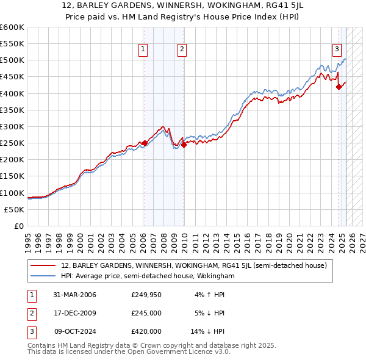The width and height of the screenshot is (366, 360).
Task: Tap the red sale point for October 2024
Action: (x=339, y=87)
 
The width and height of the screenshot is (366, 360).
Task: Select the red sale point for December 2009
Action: (x=184, y=145)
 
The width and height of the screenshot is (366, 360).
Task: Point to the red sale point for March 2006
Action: (x=145, y=143)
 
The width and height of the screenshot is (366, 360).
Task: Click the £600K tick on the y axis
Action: (x=12, y=27)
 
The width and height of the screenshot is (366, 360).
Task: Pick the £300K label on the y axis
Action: (x=12, y=127)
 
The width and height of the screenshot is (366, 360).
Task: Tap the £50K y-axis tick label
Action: (x=15, y=209)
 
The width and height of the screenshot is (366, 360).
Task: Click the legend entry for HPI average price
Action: (x=148, y=276)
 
